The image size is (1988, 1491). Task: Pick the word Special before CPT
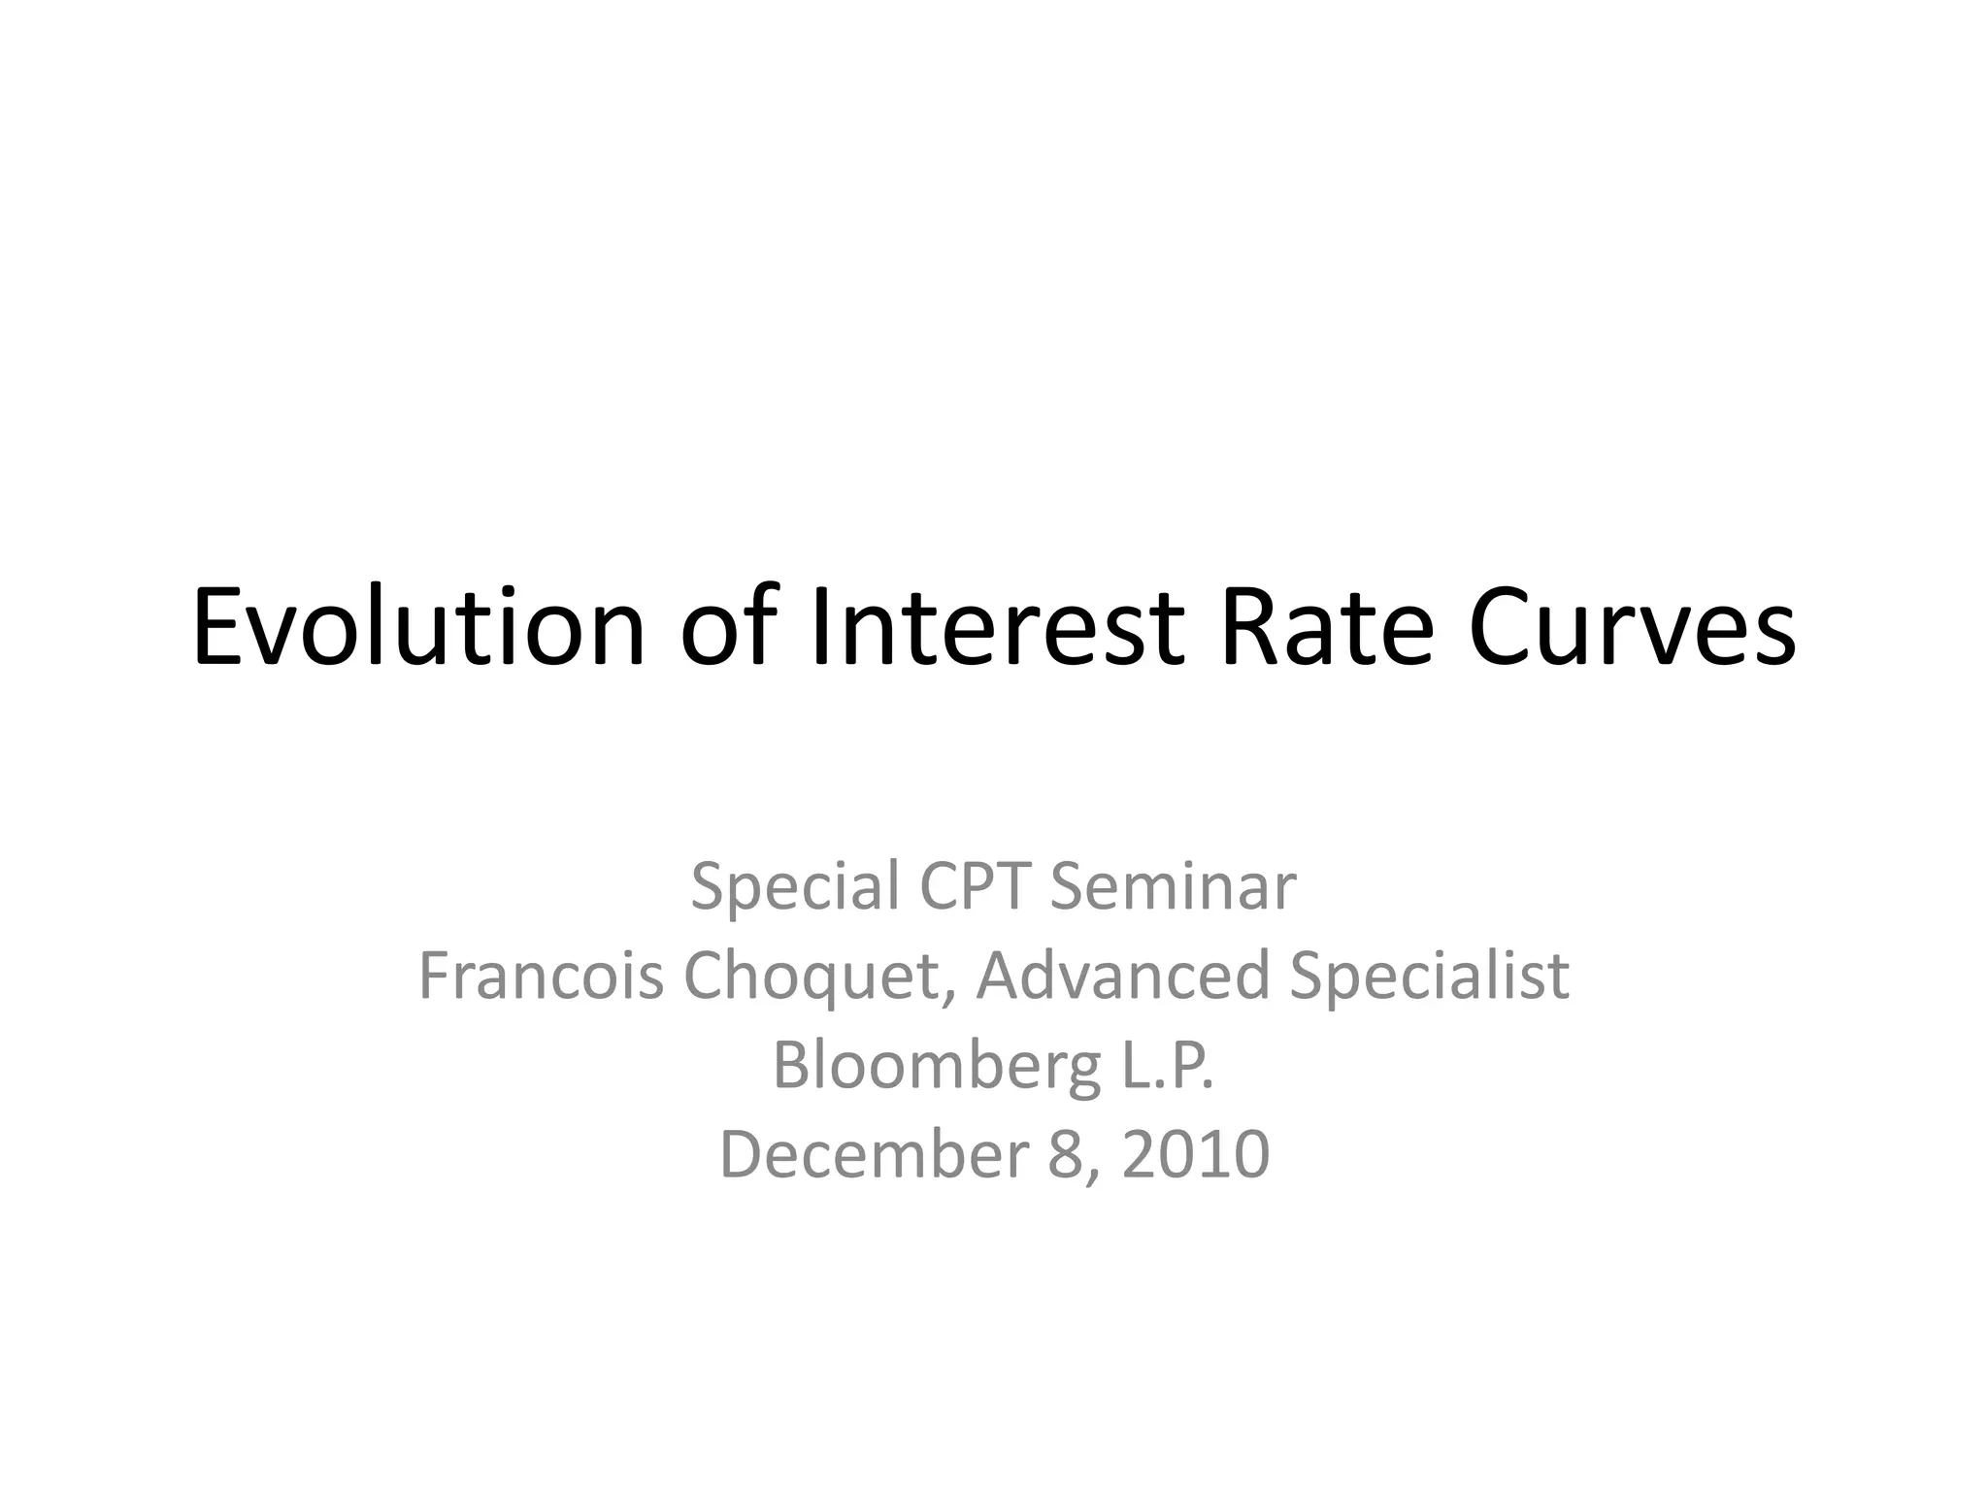click(x=795, y=887)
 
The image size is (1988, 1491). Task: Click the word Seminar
click(x=1173, y=887)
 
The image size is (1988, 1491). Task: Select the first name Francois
click(x=541, y=976)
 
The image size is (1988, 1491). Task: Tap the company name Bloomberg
click(x=937, y=1067)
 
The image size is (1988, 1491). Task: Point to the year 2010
click(x=1196, y=1154)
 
